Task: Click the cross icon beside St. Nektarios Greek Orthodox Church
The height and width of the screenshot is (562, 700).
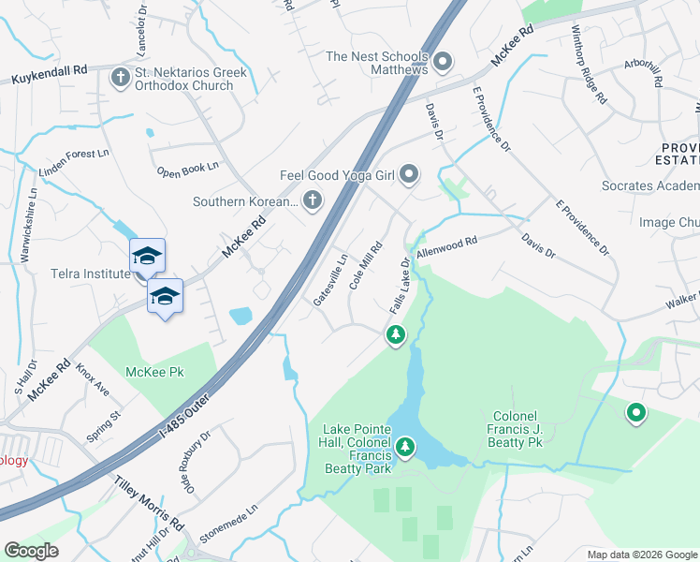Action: tap(120, 77)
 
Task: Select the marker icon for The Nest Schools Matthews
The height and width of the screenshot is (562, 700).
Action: tap(444, 63)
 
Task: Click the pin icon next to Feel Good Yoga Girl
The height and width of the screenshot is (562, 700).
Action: tap(409, 174)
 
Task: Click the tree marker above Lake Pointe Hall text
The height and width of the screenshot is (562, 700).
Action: tap(404, 446)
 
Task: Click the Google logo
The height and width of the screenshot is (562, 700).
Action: tap(31, 551)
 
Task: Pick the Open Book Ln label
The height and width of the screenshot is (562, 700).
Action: tap(187, 170)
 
